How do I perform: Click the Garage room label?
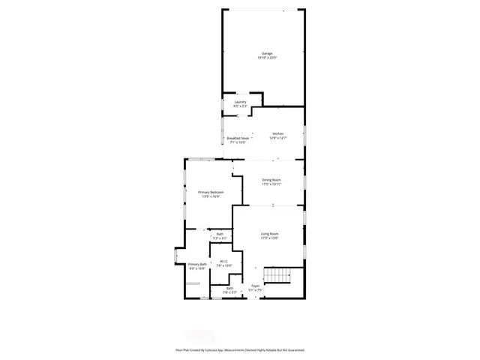(267, 54)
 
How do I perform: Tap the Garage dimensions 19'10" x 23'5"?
(267, 58)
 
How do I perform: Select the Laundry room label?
(240, 102)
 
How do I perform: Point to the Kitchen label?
(278, 133)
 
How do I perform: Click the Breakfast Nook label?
(238, 138)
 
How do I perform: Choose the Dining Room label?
(271, 180)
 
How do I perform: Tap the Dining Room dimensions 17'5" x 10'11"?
(271, 184)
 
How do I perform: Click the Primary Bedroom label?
(211, 193)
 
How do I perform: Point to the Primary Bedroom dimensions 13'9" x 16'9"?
(211, 197)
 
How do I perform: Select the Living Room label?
(269, 234)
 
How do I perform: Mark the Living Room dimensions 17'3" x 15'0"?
(269, 238)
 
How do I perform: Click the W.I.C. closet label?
(224, 261)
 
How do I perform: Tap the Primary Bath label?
(197, 264)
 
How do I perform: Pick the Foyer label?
(256, 286)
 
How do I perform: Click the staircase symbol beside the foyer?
(280, 276)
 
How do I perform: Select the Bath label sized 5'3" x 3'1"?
(220, 234)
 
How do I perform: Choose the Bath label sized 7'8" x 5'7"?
(229, 288)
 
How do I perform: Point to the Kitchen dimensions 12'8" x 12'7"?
(278, 138)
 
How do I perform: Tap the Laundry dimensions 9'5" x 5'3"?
(240, 106)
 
